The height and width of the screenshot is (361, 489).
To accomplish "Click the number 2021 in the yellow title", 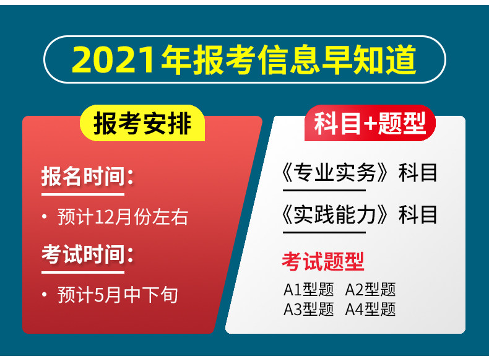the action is [113, 59].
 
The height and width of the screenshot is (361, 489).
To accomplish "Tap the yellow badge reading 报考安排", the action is [142, 123].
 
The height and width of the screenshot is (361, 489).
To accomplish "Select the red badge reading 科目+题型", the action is [370, 123].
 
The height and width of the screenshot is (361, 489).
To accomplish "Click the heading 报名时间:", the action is [88, 176].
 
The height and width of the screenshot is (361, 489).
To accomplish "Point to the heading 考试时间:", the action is [88, 254].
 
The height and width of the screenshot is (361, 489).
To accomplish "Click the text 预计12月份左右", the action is [123, 217].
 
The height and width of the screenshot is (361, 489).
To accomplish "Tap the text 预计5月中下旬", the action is [118, 295].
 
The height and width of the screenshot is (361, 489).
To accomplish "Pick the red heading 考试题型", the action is [323, 261].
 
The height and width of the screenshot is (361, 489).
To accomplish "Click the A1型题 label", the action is [308, 290].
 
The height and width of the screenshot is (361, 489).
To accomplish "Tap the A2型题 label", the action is [371, 290].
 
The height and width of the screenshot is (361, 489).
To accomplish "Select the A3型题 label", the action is [308, 309].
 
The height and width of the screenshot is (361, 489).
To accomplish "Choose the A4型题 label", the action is [371, 309].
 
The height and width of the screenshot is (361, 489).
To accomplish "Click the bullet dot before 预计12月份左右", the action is [45, 217].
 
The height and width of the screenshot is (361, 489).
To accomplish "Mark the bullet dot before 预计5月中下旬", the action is [45, 295].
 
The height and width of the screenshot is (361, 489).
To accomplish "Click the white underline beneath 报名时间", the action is [83, 194].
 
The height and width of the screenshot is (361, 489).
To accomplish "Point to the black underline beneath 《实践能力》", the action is [324, 232].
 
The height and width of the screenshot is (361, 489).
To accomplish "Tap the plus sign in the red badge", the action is [370, 124].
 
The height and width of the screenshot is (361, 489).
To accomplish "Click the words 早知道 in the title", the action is [369, 59].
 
